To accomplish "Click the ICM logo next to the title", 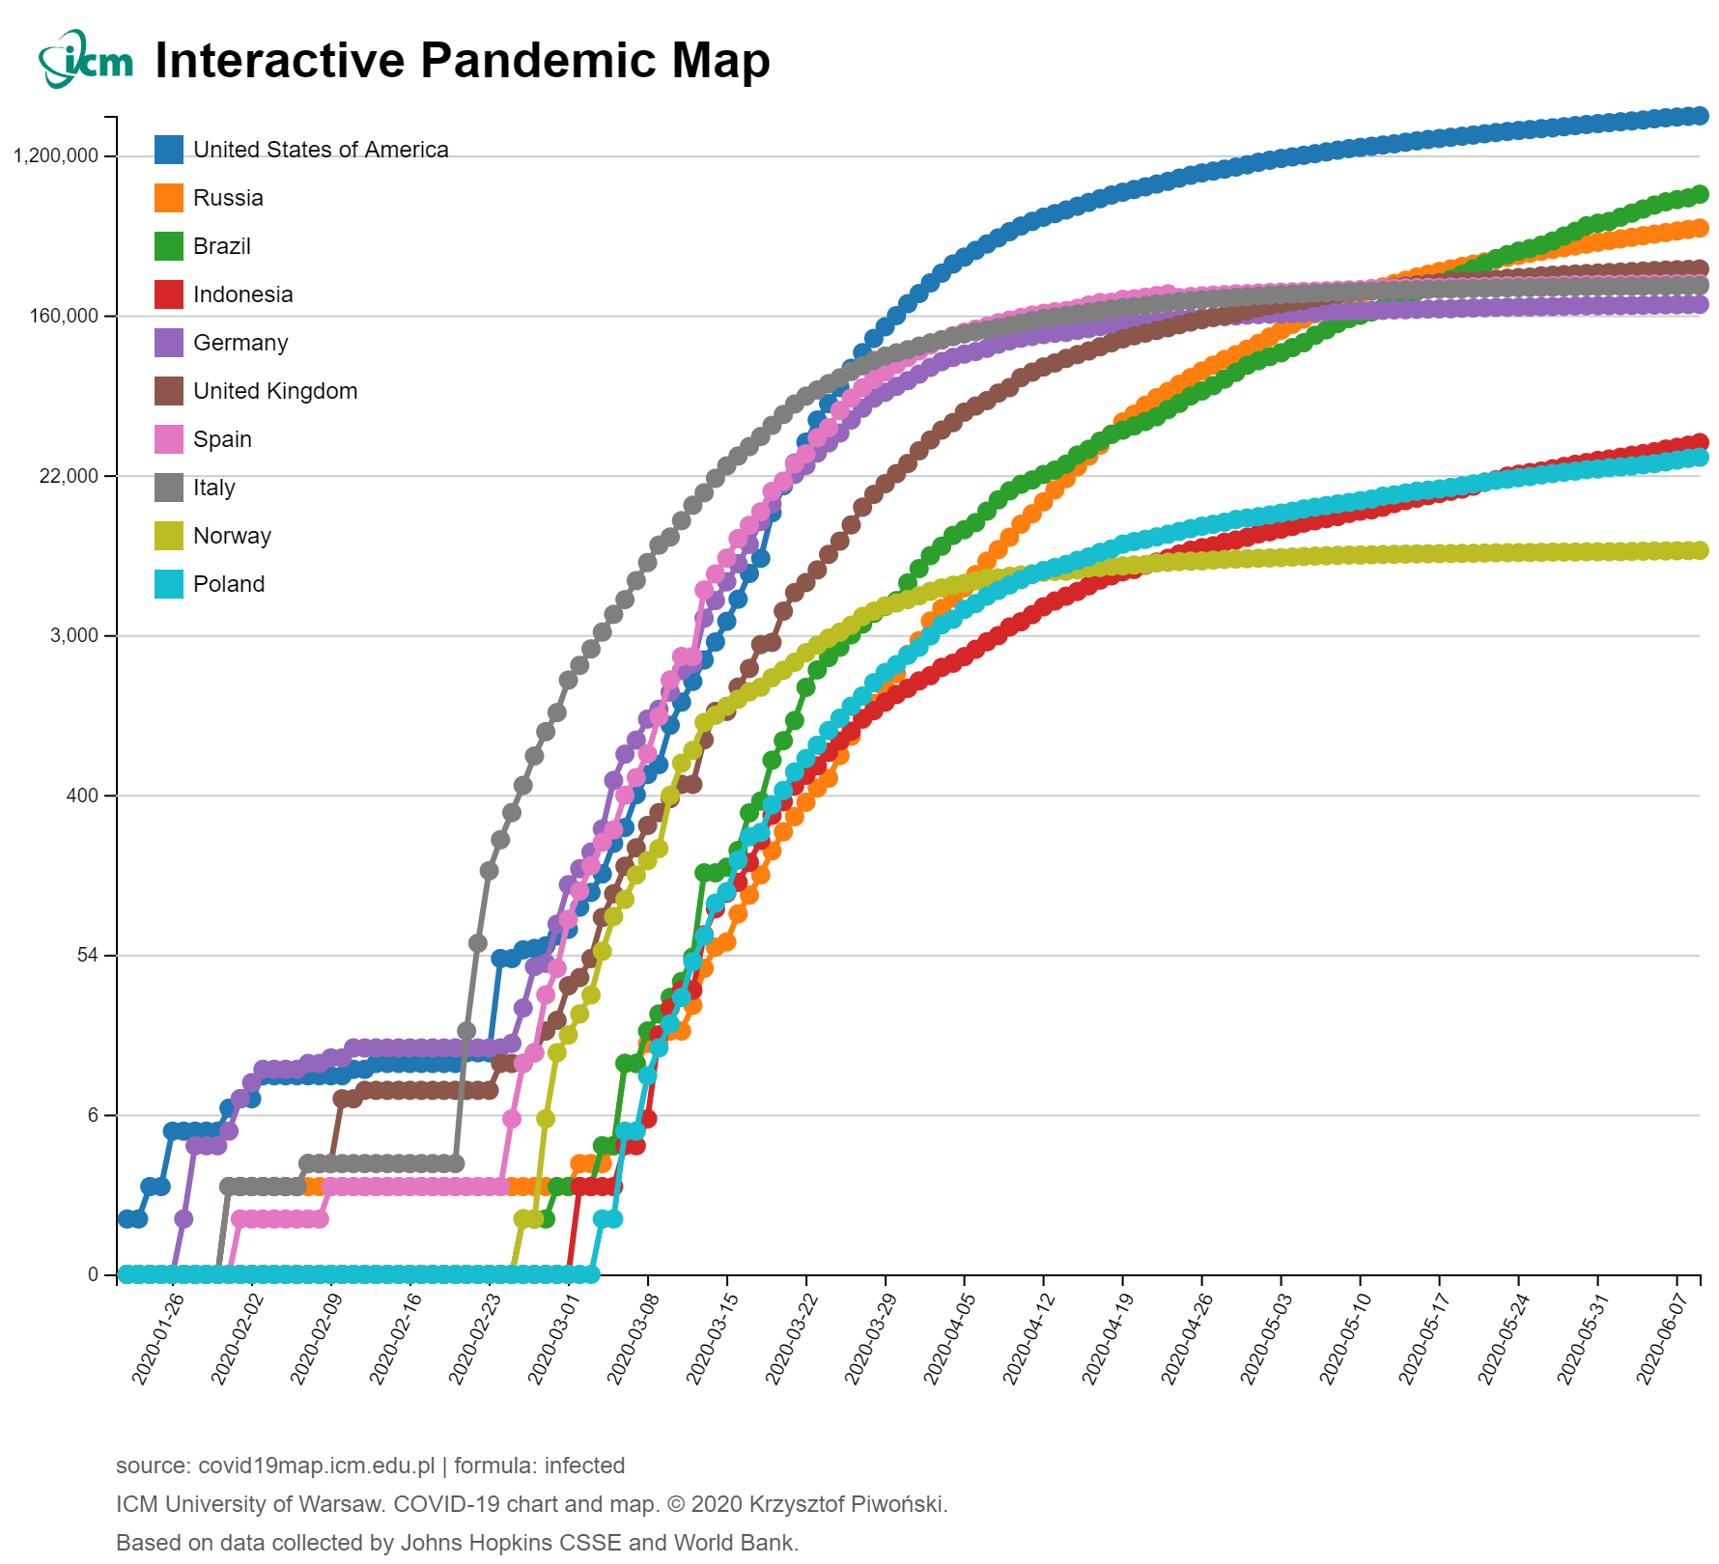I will (x=85, y=60).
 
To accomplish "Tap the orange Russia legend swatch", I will (x=169, y=198).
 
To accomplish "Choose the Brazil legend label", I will (x=222, y=246).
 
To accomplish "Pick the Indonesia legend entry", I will (x=242, y=294).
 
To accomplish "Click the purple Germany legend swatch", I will (x=169, y=343).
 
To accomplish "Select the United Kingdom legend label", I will (x=275, y=391).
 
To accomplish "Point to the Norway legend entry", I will (x=232, y=536).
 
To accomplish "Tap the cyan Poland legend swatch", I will (x=169, y=584).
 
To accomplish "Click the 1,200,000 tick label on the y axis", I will (x=57, y=156).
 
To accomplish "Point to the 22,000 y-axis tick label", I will (x=69, y=476).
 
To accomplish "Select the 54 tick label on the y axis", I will (x=88, y=956).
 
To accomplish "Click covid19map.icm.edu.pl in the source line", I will (x=316, y=1466).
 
